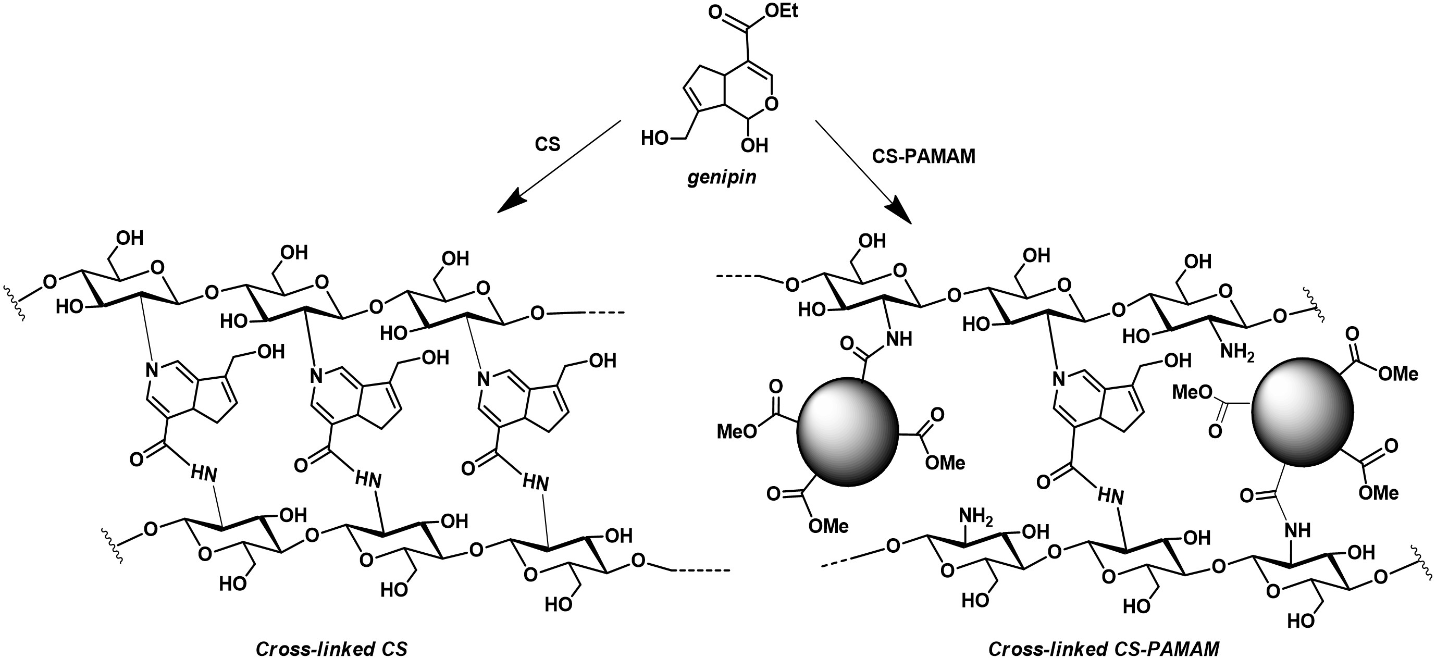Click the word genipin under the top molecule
click(x=721, y=177)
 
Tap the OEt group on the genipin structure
click(x=781, y=10)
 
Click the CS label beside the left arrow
click(x=547, y=144)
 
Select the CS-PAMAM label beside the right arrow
click(x=923, y=157)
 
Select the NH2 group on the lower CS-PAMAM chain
click(x=975, y=516)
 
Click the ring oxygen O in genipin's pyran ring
click(x=772, y=104)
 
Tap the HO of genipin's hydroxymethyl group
click(x=655, y=138)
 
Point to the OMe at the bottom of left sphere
click(x=828, y=525)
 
